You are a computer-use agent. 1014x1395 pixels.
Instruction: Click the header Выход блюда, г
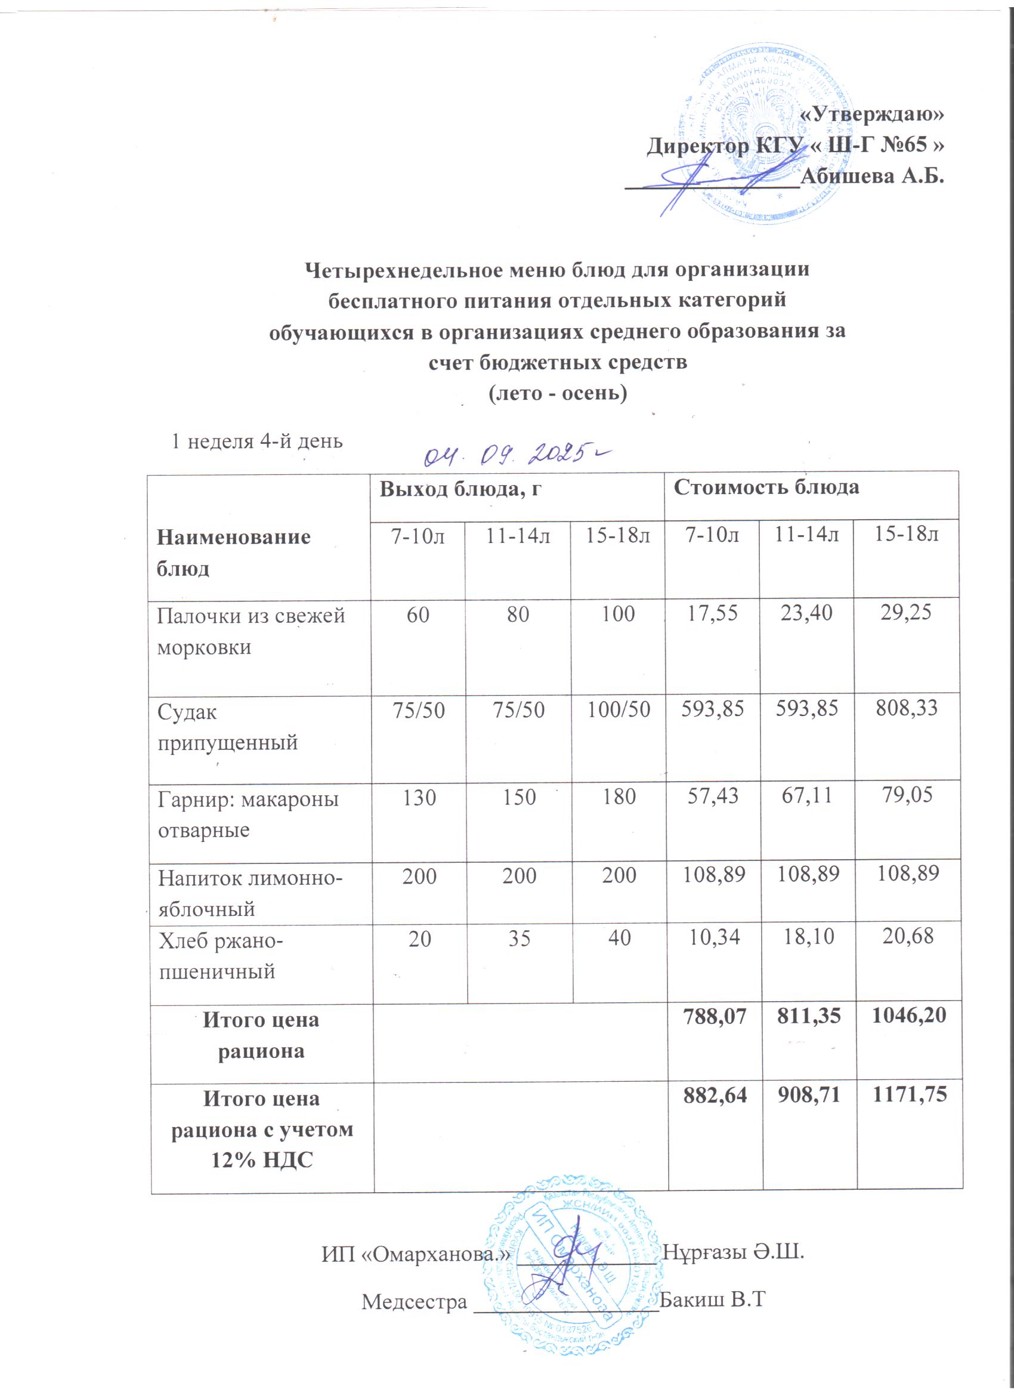click(x=460, y=489)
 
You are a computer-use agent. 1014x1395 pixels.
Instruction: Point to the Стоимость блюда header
click(x=766, y=487)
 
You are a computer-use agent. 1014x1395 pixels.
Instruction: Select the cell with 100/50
click(x=619, y=710)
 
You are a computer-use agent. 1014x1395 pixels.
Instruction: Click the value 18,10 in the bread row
click(x=809, y=937)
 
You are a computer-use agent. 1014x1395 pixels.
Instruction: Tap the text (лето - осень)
click(x=557, y=393)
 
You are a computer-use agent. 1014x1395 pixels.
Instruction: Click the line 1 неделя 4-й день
click(x=256, y=441)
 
